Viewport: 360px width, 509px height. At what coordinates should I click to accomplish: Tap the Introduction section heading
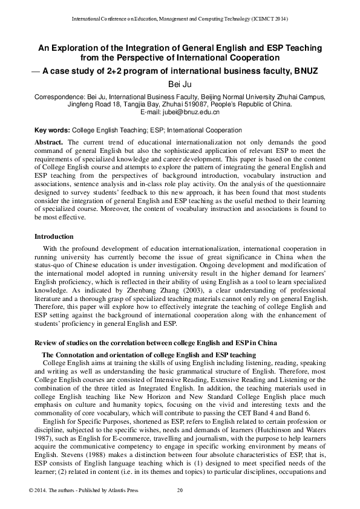(54, 236)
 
